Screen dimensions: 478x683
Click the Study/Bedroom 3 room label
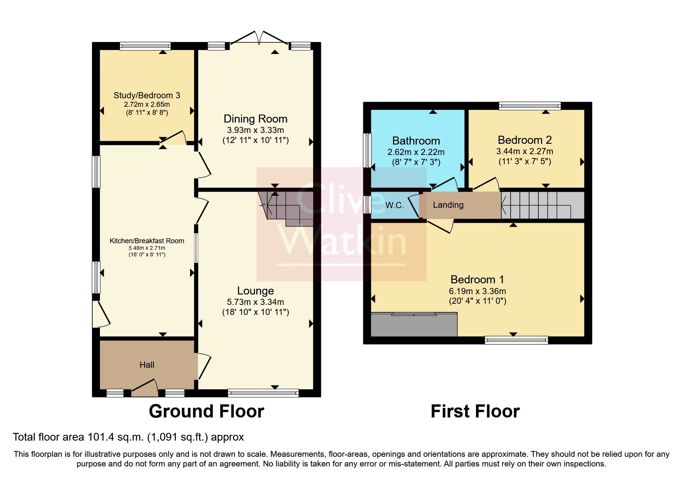(x=147, y=95)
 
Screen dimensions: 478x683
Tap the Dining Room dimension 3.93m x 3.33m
(x=255, y=130)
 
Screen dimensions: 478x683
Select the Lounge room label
(x=255, y=291)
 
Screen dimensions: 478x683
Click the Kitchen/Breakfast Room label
(x=147, y=241)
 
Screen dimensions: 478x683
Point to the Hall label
(x=147, y=365)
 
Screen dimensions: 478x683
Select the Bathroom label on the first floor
(x=416, y=141)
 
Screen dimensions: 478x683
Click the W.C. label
(x=395, y=205)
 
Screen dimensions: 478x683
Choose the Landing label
(x=448, y=205)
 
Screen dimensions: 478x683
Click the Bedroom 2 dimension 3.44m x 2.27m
(x=524, y=151)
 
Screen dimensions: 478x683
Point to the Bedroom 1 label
(x=477, y=279)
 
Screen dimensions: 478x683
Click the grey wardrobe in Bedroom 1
(x=413, y=325)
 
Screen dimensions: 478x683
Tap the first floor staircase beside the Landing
(x=542, y=205)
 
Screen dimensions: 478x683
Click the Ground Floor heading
(x=206, y=411)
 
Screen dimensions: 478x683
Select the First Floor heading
(x=475, y=411)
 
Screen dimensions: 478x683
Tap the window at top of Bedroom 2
(x=530, y=106)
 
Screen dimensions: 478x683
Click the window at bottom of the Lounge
(x=263, y=393)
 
